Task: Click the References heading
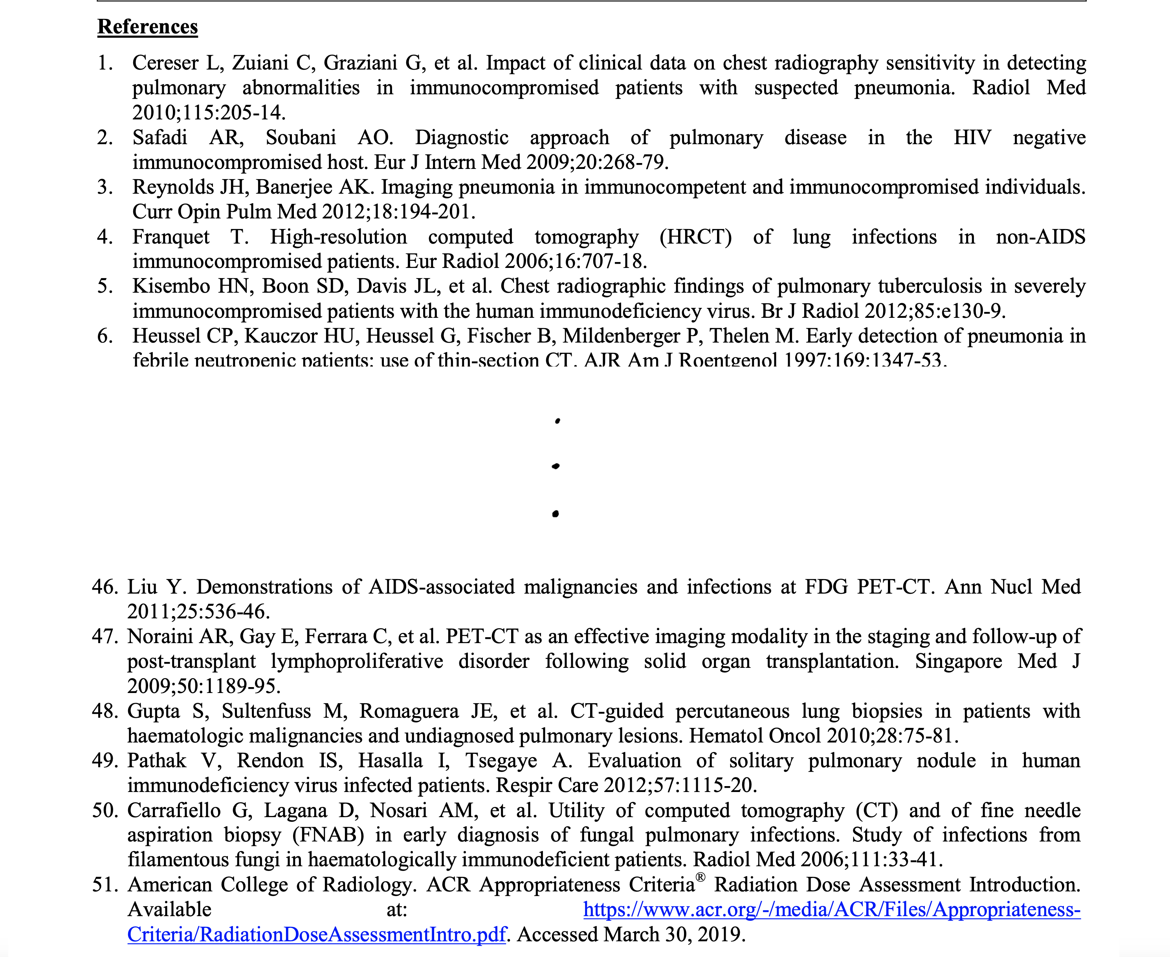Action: click(x=147, y=26)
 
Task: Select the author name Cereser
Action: click(x=165, y=63)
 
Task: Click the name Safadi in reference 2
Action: click(x=160, y=137)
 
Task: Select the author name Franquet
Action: click(x=171, y=236)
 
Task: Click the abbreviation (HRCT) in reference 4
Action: click(x=695, y=236)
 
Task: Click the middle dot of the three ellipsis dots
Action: click(x=556, y=466)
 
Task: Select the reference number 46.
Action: click(x=105, y=587)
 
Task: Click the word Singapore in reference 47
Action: click(x=958, y=661)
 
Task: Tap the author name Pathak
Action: click(x=157, y=760)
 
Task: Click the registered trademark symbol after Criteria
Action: click(x=700, y=877)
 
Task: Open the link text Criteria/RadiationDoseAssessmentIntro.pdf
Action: click(x=317, y=934)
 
